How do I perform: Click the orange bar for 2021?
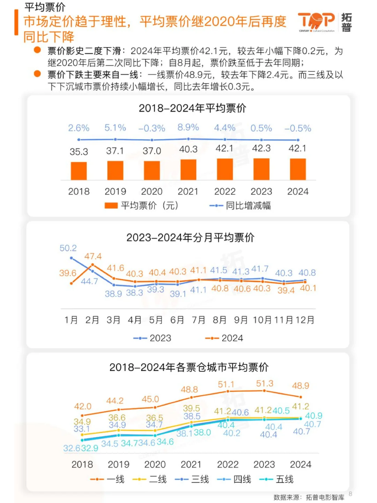tap(188, 170)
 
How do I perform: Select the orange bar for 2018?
tap(79, 171)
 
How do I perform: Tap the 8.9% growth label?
tap(188, 127)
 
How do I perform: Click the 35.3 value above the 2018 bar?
tap(79, 152)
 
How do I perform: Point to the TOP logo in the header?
tap(316, 22)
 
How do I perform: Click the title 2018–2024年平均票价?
tap(192, 108)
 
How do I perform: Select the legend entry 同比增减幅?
tap(240, 206)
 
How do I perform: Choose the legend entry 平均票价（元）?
tap(142, 206)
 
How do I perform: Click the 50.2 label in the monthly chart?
tap(68, 248)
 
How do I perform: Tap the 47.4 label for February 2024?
tap(93, 256)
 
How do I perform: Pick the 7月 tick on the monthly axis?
tap(198, 320)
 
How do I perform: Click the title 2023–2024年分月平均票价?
tap(190, 238)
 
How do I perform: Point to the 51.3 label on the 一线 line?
tap(265, 383)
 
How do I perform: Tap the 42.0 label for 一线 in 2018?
tap(83, 406)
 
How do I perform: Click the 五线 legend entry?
tap(276, 479)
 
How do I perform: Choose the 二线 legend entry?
tap(150, 479)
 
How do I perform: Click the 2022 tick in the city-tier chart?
tap(228, 464)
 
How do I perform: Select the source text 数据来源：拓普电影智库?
tap(309, 497)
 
